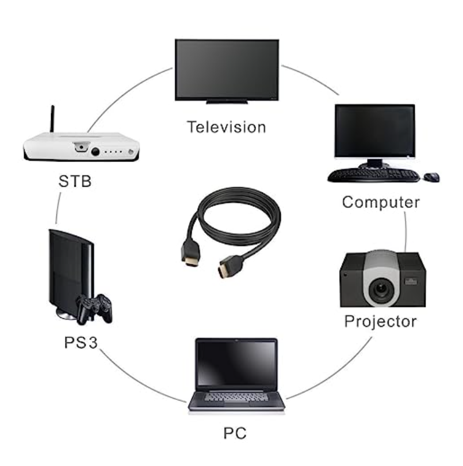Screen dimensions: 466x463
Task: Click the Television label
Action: point(227,127)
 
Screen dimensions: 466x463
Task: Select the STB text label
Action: point(75,182)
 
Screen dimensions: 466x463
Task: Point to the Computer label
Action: point(381,202)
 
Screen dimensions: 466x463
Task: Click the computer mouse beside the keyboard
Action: point(432,177)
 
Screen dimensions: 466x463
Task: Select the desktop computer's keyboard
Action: point(373,175)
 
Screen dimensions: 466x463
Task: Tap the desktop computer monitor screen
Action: point(374,130)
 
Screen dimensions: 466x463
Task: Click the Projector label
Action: point(380,321)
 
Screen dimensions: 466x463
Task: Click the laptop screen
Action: point(236,363)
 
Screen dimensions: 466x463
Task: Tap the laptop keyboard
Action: point(236,396)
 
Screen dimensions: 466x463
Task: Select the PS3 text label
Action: point(81,343)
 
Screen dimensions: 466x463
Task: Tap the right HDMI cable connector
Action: point(225,267)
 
